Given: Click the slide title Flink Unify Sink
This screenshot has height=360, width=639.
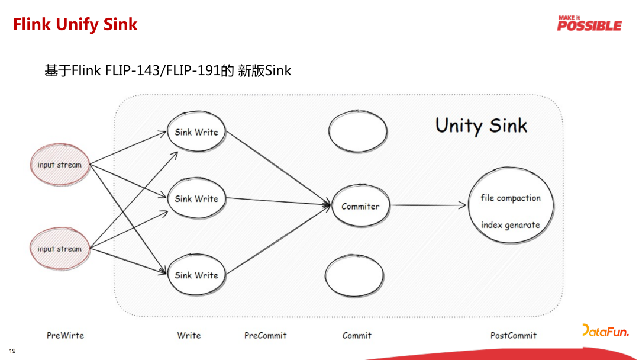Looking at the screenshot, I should point(75,24).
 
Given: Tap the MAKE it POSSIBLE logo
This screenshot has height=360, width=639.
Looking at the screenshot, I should point(589,24).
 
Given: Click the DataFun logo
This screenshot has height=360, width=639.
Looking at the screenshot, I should point(605,331).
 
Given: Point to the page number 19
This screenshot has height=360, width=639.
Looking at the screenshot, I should point(12,351).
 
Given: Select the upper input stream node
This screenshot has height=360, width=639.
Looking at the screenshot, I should point(59,165).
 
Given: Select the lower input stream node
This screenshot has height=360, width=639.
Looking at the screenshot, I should point(59,249).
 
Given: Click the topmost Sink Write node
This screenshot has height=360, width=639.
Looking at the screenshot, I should point(196,132).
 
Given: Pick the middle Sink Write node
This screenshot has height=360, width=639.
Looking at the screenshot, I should point(196,199).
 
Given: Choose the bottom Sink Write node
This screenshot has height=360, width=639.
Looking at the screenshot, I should point(196,275).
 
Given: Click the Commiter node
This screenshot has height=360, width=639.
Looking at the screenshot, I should point(360,206).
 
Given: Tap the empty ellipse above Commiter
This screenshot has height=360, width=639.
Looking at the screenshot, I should point(357,131).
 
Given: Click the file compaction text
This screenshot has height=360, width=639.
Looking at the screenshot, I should point(511,198).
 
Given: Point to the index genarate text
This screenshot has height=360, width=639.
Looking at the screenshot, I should point(511,225).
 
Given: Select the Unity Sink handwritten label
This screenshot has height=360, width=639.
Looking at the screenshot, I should point(481,126).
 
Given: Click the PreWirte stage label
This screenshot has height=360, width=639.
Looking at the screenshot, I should point(65,335).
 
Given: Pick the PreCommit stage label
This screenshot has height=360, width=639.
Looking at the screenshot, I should point(265,335).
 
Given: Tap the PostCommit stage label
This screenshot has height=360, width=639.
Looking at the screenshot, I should point(514,335).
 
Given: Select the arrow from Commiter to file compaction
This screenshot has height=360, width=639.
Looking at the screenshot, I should point(428,205).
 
